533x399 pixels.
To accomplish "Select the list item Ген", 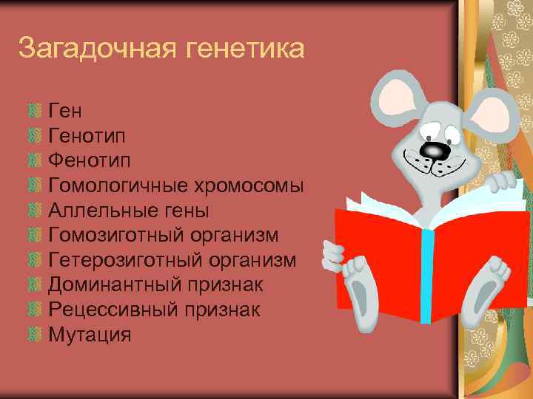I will [x=65, y=111].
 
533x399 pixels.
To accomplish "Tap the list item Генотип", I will [x=87, y=136].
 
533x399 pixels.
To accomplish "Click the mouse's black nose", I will [x=434, y=150].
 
